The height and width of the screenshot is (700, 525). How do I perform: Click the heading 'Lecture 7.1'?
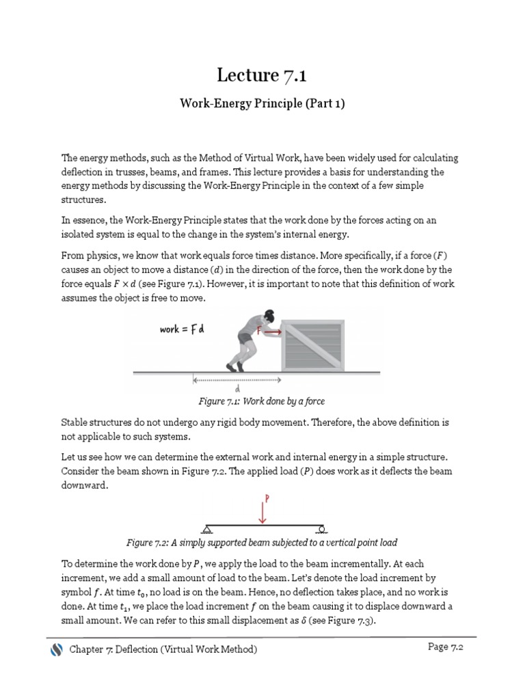[x=262, y=75]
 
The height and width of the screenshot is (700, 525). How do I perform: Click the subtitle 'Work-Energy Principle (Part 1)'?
[x=262, y=103]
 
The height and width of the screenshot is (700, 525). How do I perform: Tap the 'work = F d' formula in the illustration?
[x=183, y=329]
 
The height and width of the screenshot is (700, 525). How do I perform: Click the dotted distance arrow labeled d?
[x=236, y=379]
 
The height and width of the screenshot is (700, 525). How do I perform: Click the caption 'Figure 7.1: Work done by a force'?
[x=262, y=401]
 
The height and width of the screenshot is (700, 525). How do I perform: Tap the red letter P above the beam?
[x=267, y=498]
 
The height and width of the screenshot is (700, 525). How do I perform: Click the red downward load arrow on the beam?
[x=262, y=512]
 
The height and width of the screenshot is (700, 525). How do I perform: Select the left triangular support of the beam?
[x=206, y=528]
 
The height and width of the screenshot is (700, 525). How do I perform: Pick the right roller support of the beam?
[x=320, y=528]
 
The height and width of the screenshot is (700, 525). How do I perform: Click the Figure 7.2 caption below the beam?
[x=262, y=543]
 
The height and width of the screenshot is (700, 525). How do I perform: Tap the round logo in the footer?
[x=57, y=649]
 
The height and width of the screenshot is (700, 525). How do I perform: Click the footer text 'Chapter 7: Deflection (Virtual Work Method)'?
[x=163, y=649]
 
